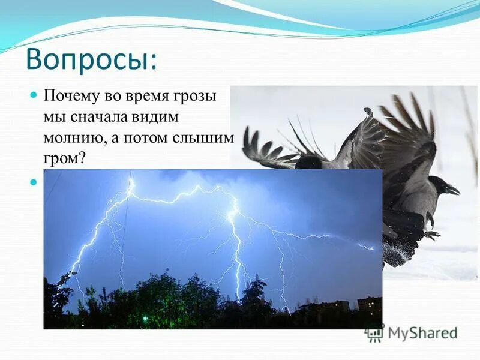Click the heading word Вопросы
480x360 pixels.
coord(90,60)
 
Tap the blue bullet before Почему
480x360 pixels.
coord(34,96)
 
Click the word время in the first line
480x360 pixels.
coord(145,97)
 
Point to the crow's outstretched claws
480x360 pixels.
coord(431,233)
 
